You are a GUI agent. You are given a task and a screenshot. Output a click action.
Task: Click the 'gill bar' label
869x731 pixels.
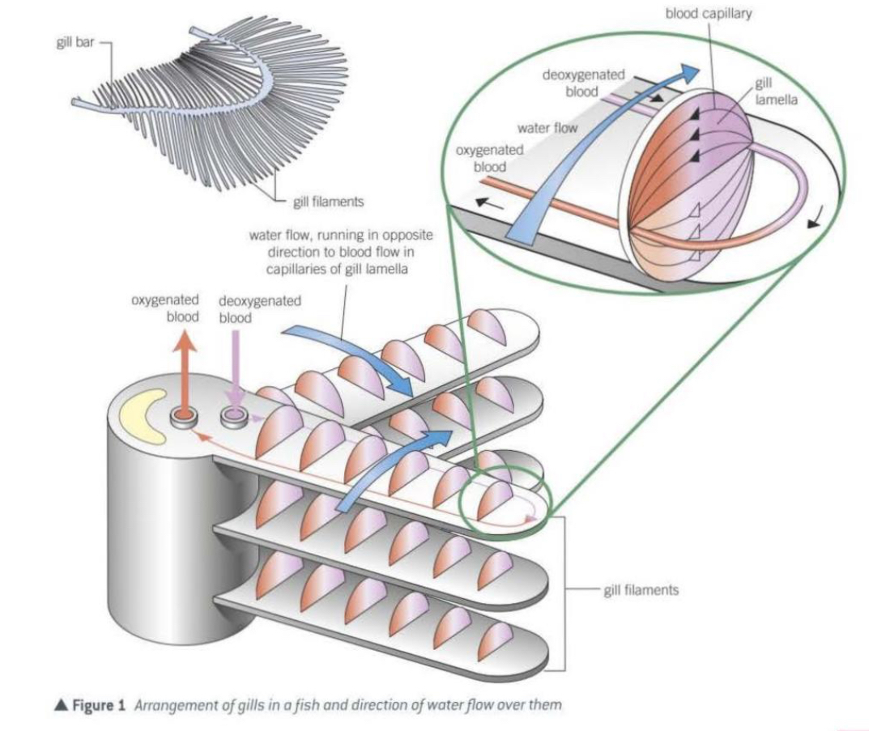[x=74, y=42]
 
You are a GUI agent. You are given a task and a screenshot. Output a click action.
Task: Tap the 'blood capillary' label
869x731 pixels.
[x=709, y=15]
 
